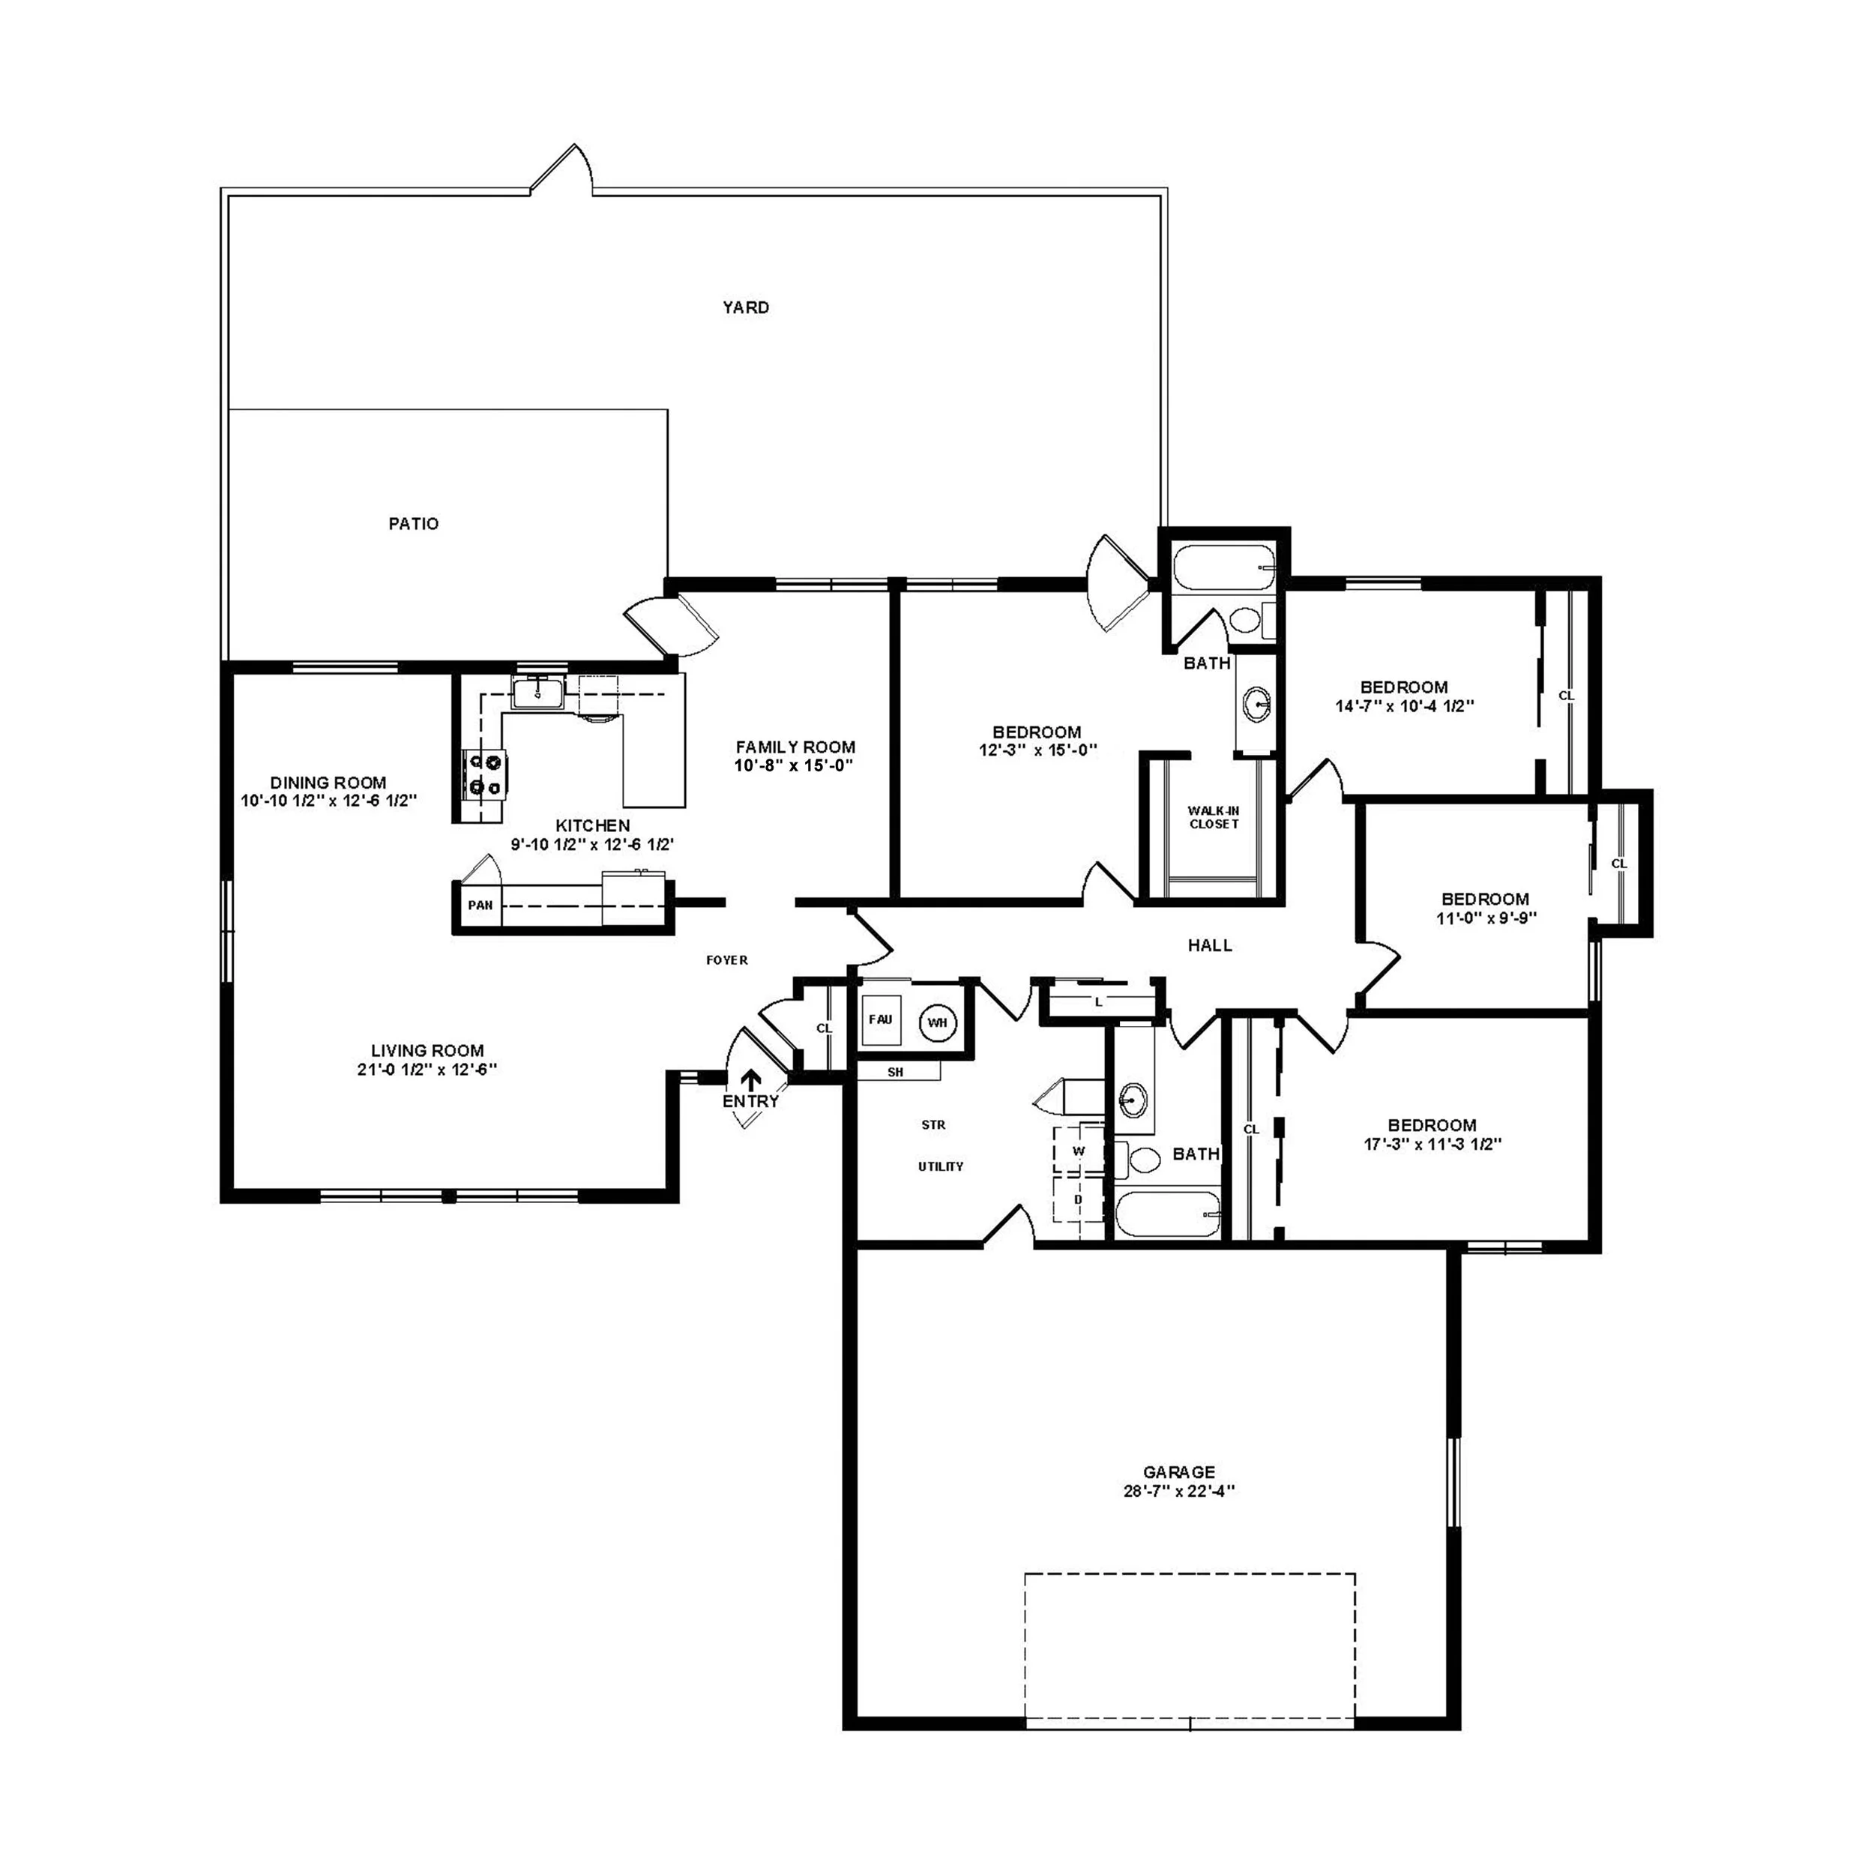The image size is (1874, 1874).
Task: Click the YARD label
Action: coord(745,307)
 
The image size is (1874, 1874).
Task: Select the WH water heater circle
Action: coord(937,1022)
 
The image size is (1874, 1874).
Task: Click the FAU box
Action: coord(880,1020)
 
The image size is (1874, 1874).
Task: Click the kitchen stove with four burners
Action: coord(485,776)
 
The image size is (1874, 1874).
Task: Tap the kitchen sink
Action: coord(537,693)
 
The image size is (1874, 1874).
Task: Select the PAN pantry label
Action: coord(480,905)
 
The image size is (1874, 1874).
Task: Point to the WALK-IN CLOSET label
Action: coord(1214,817)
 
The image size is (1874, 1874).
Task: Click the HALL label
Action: coord(1210,944)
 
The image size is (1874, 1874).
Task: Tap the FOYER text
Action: coord(726,960)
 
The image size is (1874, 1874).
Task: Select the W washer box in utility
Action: coord(1078,1151)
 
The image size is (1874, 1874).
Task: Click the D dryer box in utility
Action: coord(1078,1200)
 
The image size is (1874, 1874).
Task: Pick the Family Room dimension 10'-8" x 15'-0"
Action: coord(795,765)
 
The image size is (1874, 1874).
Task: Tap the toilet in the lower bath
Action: coord(1144,1159)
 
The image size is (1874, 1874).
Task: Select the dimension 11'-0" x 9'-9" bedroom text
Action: coord(1485,918)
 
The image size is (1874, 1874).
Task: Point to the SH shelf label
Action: coord(895,1072)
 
